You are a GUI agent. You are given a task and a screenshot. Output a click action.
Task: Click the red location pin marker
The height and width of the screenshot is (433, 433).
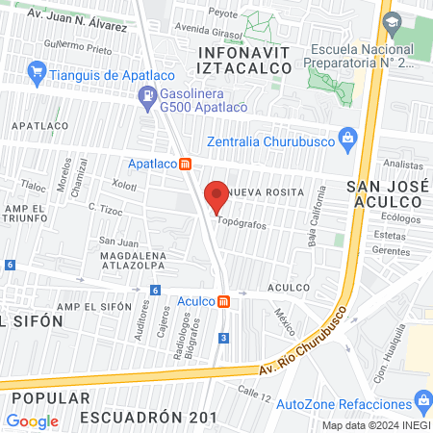click(x=216, y=195)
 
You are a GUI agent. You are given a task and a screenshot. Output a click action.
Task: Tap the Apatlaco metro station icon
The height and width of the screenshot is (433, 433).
click(x=186, y=165)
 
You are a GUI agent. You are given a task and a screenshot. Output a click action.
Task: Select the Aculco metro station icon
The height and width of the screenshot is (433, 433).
click(x=224, y=301)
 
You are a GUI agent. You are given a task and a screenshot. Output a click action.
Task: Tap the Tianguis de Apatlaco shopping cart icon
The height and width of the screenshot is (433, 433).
click(x=38, y=70)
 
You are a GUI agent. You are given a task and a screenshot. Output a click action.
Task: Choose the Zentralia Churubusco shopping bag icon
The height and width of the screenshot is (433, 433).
click(x=346, y=143)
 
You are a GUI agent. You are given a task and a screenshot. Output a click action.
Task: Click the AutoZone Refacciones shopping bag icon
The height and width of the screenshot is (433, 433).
click(x=421, y=399)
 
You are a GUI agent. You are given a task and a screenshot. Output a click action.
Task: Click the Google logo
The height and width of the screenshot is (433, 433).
click(x=32, y=420)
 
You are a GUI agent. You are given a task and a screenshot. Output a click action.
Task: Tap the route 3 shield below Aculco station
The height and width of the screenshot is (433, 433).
click(x=223, y=338)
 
